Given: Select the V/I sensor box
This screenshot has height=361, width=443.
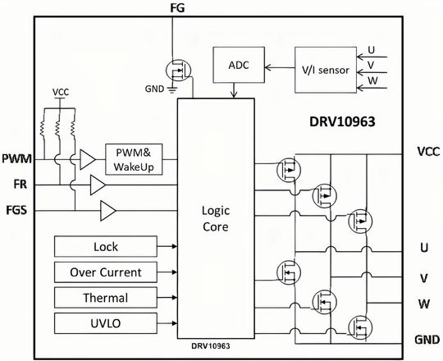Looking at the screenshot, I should pyautogui.click(x=322, y=70).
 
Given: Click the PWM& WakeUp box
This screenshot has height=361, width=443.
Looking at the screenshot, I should pyautogui.click(x=135, y=158).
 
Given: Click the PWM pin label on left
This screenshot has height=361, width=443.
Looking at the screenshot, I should pyautogui.click(x=16, y=158).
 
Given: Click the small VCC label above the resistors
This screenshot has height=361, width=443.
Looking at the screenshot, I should pyautogui.click(x=60, y=91).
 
